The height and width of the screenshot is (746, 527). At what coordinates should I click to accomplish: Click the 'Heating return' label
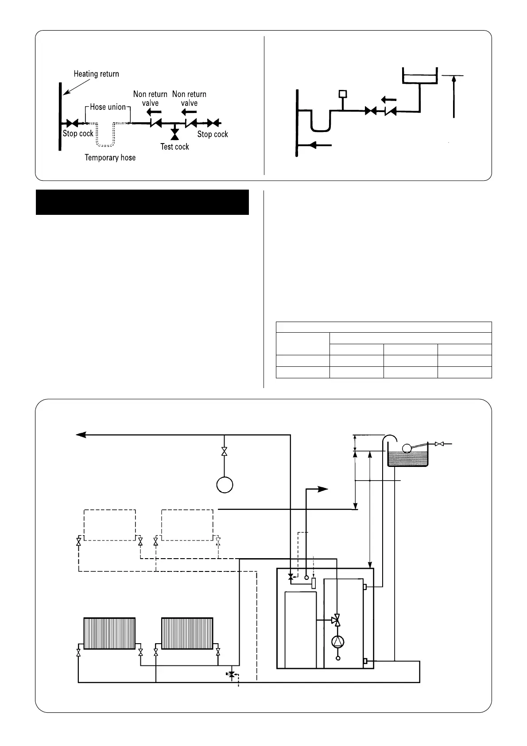[96, 74]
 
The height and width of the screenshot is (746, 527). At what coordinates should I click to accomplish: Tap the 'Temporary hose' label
[110, 158]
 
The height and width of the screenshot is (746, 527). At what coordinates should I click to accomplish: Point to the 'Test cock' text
[174, 147]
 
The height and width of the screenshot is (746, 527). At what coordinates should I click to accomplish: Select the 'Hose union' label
[108, 107]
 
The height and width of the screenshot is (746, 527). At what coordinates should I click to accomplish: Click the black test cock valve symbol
[174, 132]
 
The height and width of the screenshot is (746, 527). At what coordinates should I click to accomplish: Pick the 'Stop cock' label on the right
[213, 134]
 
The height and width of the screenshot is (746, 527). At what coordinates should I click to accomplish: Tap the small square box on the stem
[342, 94]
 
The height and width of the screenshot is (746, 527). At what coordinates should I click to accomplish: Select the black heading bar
[142, 202]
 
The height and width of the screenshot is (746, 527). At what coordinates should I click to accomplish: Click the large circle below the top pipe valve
[225, 484]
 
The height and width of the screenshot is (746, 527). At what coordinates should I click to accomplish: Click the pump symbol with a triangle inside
[338, 641]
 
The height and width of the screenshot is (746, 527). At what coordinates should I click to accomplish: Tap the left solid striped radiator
[109, 633]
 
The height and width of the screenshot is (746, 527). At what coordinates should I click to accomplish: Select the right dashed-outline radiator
[187, 525]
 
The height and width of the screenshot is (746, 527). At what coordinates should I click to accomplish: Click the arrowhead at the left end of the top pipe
[81, 435]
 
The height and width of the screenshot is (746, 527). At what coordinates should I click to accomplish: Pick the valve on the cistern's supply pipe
[439, 444]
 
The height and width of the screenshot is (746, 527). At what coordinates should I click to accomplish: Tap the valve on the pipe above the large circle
[225, 452]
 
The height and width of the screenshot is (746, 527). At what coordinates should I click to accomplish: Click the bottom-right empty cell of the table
[465, 372]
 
